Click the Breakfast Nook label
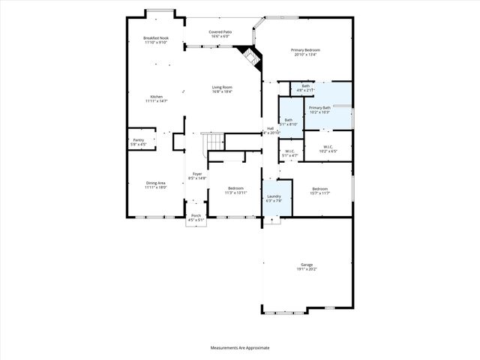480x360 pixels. pyautogui.click(x=156, y=40)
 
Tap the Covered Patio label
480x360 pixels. pyautogui.click(x=220, y=34)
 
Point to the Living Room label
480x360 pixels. pyautogui.click(x=221, y=89)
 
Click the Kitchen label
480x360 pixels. pyautogui.click(x=156, y=98)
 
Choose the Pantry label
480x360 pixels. pyautogui.click(x=138, y=142)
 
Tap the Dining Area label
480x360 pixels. pyautogui.click(x=156, y=184)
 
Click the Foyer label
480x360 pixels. pyautogui.click(x=197, y=175)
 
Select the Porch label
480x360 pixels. pyautogui.click(x=196, y=217)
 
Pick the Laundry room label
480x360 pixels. pyautogui.click(x=273, y=199)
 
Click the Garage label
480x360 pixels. pyautogui.click(x=307, y=266)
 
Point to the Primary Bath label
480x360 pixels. pyautogui.click(x=319, y=109)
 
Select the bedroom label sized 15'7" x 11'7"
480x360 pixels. pyautogui.click(x=319, y=190)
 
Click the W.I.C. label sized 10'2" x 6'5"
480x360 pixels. pyautogui.click(x=328, y=148)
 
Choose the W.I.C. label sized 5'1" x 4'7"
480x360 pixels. pyautogui.click(x=289, y=154)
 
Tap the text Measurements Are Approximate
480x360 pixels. pyautogui.click(x=239, y=348)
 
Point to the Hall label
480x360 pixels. pyautogui.click(x=270, y=130)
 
